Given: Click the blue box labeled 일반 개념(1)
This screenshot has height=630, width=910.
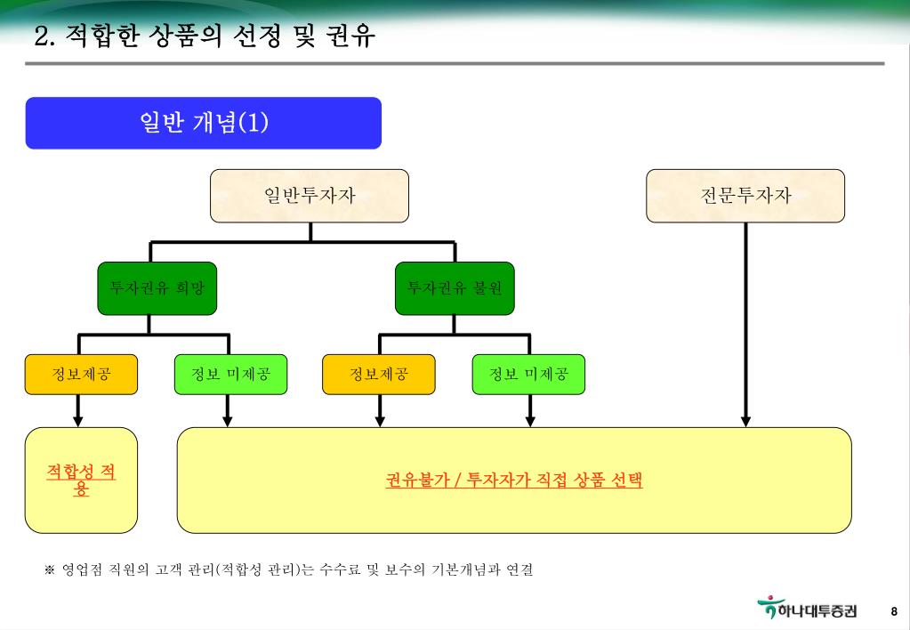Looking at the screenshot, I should tap(204, 123).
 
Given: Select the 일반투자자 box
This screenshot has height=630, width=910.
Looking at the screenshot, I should tap(310, 196).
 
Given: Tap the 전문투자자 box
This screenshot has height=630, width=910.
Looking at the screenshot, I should tap(745, 196).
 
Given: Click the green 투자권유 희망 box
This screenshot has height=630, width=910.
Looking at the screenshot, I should tap(157, 288).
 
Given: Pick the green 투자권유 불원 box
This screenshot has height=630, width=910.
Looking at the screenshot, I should tap(455, 288).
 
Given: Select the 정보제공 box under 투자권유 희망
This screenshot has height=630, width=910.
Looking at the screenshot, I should tap(81, 374).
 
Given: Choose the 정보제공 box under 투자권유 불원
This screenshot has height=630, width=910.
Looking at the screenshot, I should tap(379, 374).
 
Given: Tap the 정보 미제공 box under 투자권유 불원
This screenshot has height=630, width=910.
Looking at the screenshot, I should tap(528, 374).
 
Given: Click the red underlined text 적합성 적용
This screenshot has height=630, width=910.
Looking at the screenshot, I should tap(81, 479).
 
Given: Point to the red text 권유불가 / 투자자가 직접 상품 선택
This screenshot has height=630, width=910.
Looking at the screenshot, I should tap(514, 481).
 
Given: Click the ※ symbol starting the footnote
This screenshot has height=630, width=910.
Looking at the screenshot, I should tap(50, 569).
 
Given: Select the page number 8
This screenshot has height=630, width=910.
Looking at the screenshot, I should tap(894, 611).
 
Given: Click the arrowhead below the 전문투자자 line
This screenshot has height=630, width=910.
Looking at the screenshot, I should tap(745, 420).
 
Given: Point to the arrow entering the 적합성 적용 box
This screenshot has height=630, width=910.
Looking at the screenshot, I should tap(78, 420).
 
